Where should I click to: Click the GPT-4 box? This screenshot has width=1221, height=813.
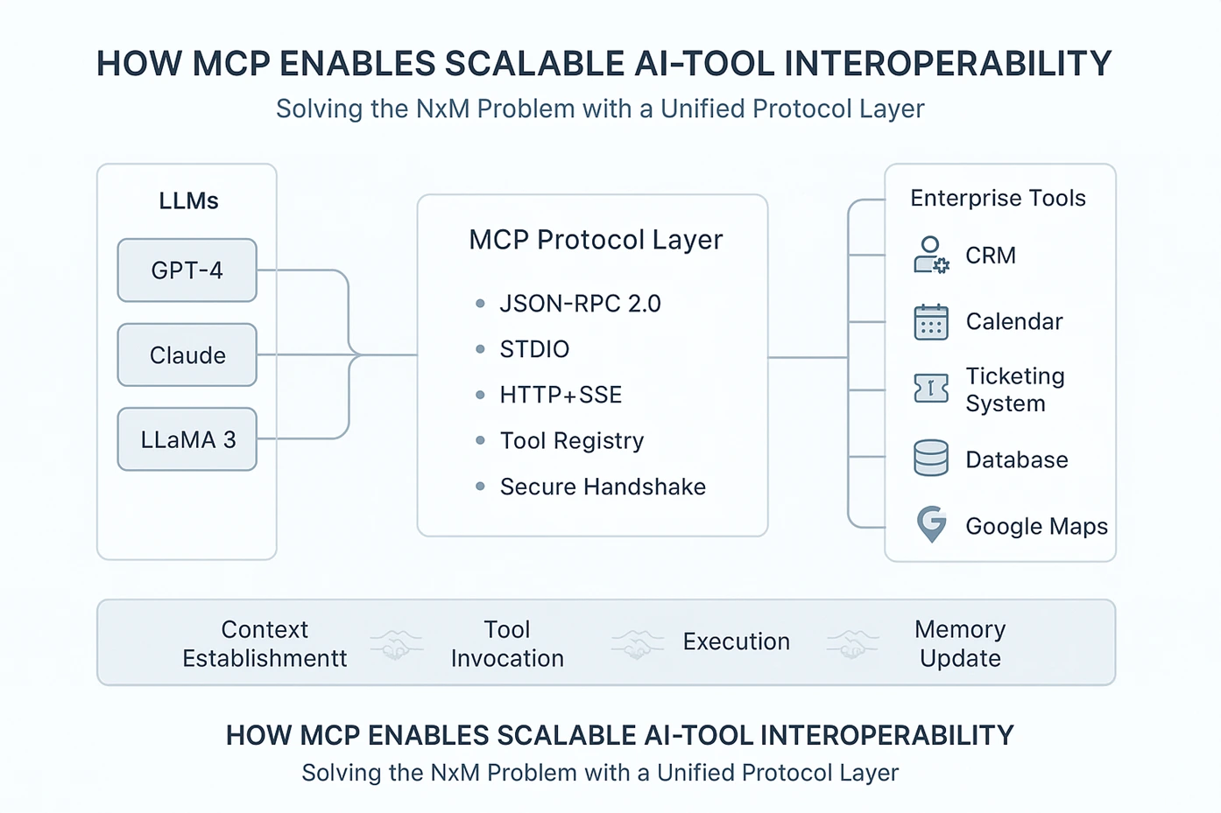click(x=187, y=270)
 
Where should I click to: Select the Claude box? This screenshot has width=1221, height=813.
click(x=187, y=355)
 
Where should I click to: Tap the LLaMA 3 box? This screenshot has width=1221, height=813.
click(x=187, y=439)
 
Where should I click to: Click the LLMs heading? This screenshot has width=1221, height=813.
click(x=188, y=201)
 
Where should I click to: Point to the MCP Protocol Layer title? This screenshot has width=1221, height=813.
click(x=596, y=240)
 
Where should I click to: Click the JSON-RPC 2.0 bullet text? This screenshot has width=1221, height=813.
click(x=580, y=304)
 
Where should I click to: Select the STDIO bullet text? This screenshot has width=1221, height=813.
click(x=534, y=349)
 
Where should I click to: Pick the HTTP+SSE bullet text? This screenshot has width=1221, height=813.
click(x=561, y=395)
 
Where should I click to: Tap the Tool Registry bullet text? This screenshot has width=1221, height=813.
click(x=571, y=440)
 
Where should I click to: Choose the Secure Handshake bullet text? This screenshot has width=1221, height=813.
click(x=603, y=487)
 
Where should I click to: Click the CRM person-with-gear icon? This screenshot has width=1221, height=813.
click(x=931, y=256)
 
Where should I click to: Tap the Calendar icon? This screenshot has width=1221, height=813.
click(x=931, y=322)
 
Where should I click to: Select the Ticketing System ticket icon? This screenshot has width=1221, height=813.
click(x=931, y=388)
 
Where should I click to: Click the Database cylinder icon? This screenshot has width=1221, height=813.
click(x=931, y=458)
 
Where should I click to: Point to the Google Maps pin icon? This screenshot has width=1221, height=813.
click(x=931, y=524)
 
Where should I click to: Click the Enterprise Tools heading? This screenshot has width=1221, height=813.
click(x=998, y=199)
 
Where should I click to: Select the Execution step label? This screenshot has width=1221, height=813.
click(x=736, y=641)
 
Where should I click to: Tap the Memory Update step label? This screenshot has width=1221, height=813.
click(x=960, y=643)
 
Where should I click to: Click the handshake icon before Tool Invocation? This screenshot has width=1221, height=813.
click(x=397, y=645)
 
